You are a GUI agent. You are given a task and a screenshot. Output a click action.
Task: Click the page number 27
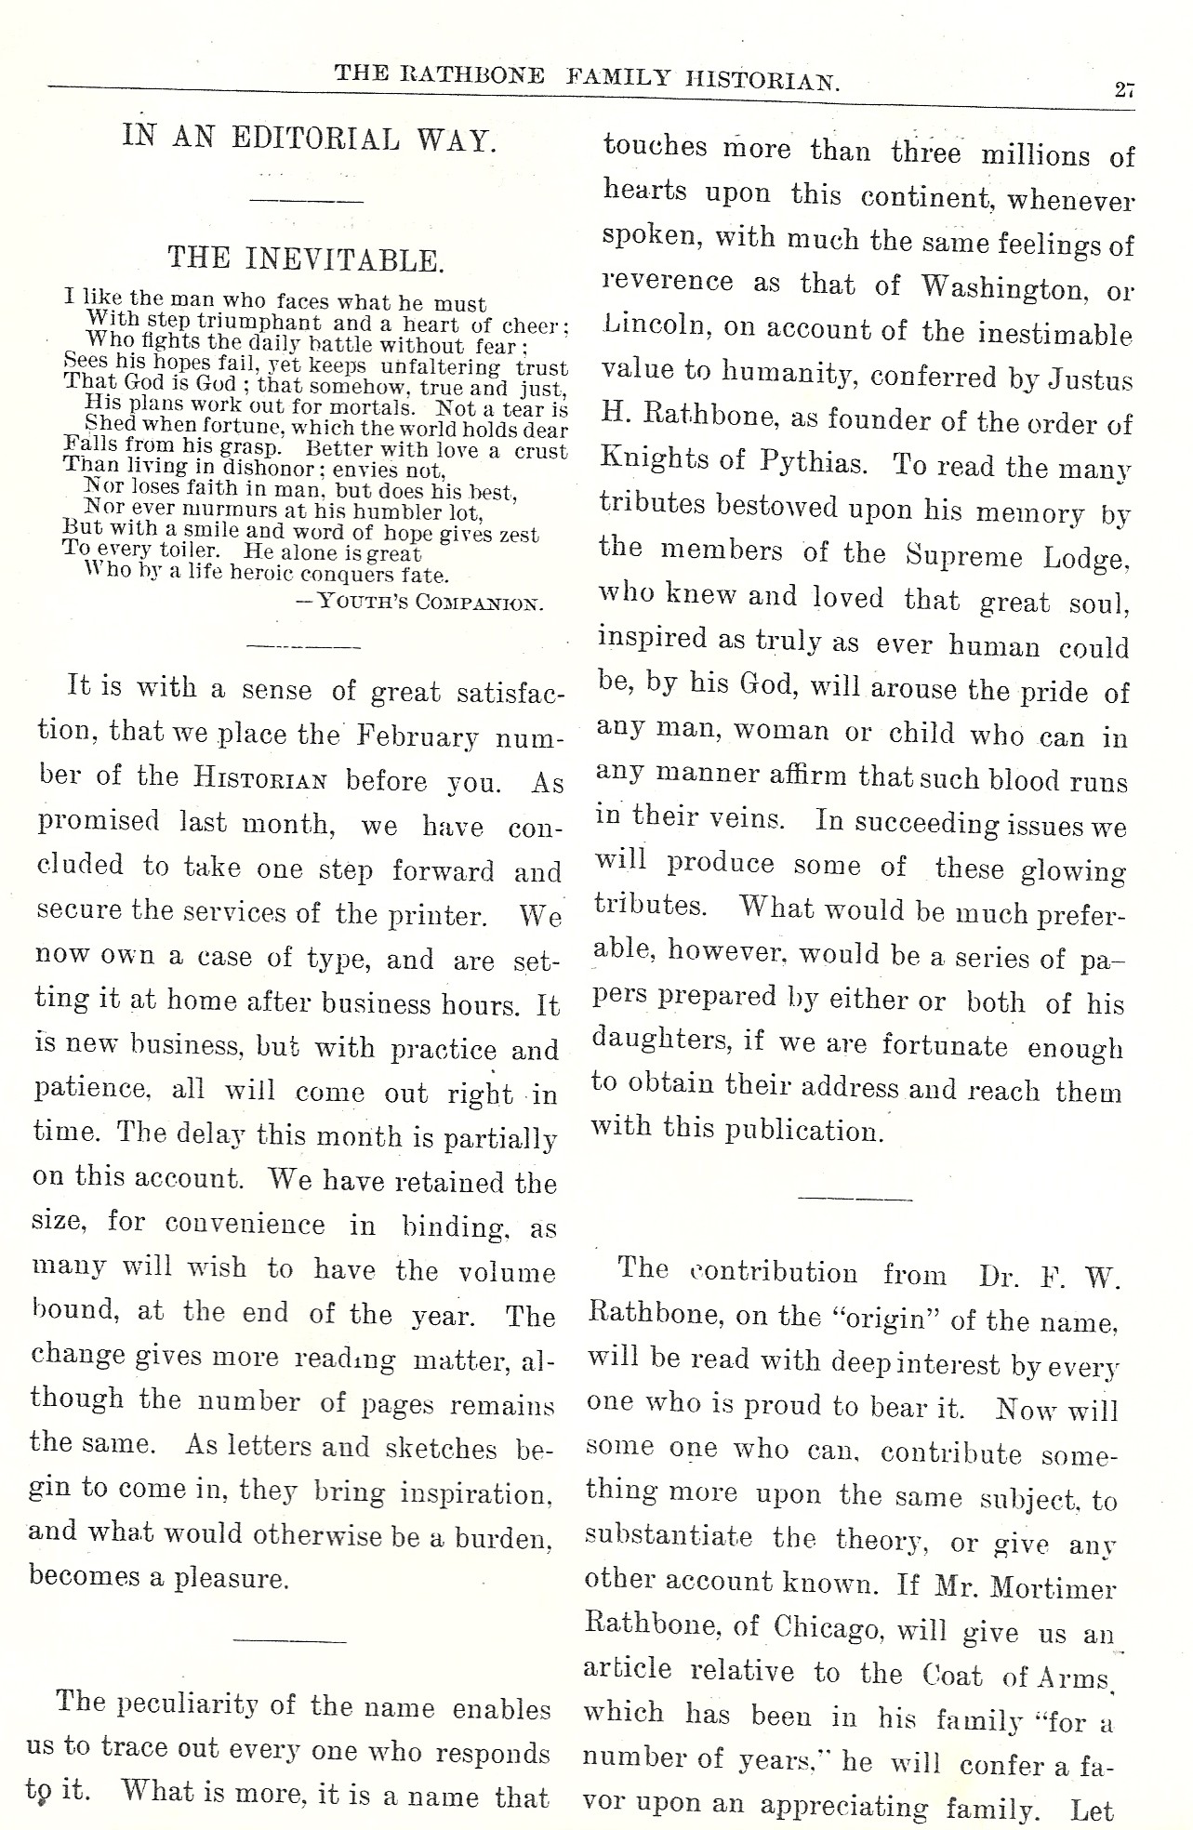click(x=1123, y=90)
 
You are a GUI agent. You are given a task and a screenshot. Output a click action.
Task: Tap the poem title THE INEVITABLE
click(x=305, y=259)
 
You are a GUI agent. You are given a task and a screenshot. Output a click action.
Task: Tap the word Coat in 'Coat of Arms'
click(x=953, y=1675)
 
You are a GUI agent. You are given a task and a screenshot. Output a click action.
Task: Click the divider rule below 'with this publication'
click(x=855, y=1199)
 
